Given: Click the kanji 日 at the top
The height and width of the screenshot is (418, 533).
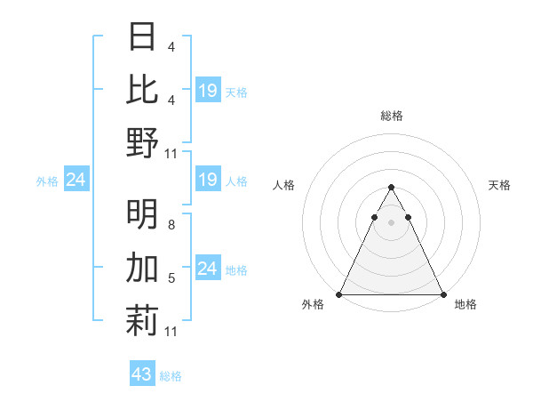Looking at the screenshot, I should coord(142,36).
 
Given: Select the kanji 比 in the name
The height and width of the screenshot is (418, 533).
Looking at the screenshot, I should coord(142,89).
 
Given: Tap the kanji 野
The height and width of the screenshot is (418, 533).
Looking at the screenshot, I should coord(142,142).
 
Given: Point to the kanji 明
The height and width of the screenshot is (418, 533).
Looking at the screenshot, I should coord(142,213).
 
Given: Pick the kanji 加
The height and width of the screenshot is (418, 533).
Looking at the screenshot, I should coord(142,267).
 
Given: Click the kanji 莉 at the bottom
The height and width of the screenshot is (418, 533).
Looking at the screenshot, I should coord(142,320).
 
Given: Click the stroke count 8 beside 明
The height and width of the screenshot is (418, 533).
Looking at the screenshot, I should coord(171,226).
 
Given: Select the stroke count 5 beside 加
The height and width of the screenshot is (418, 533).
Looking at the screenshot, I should coord(171,279).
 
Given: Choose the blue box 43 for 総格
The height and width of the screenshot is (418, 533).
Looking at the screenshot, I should coord(141,374).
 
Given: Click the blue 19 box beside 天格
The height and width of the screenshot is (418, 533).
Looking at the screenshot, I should coord(207,90).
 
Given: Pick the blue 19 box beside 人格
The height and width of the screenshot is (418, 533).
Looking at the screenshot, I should coord(207,181).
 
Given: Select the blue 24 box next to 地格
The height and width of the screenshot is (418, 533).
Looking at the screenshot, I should coord(207,268).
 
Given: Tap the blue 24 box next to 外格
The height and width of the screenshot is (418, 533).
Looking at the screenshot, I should coord(76,181).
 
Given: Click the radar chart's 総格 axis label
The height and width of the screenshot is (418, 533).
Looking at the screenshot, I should coord(391,116).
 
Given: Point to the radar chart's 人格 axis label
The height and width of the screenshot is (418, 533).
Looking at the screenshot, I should coord(284,185).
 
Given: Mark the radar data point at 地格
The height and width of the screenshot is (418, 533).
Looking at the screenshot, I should coord(443,294).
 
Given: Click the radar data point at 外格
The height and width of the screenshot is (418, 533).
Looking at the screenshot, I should coord(339,294).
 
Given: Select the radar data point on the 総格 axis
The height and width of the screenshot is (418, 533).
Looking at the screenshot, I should coord(391,188).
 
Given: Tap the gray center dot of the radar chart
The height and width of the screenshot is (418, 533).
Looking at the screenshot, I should coord(391,222).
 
